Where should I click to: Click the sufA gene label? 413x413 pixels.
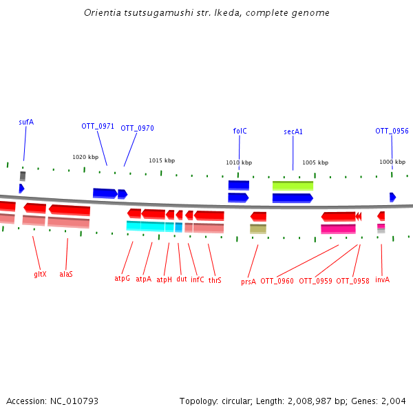(26, 122)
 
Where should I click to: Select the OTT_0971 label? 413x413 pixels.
(98, 126)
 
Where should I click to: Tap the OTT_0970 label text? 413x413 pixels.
(137, 128)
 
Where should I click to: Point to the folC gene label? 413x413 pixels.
(240, 131)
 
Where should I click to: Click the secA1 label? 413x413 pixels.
(293, 131)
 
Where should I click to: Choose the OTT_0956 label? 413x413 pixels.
(392, 131)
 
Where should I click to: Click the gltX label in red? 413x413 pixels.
(40, 274)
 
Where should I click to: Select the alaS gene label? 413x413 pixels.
(66, 274)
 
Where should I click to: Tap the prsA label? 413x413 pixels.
(248, 282)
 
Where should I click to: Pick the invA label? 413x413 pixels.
(382, 280)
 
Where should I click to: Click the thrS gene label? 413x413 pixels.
(215, 280)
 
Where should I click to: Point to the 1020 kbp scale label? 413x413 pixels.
(85, 157)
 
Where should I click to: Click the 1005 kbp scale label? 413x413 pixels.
(315, 162)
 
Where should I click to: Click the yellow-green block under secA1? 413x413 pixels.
(293, 186)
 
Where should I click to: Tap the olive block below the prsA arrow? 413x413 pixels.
(258, 229)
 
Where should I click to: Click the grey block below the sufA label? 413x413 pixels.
(23, 176)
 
